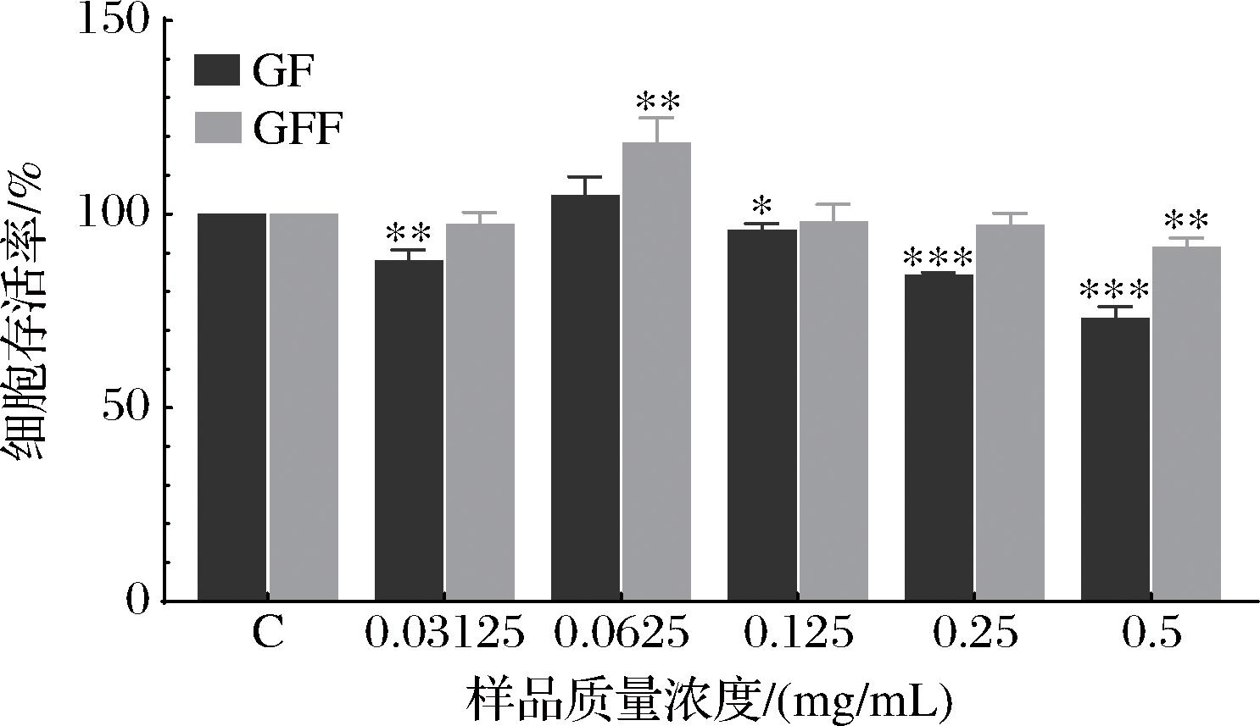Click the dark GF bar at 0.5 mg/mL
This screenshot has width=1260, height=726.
(1115, 458)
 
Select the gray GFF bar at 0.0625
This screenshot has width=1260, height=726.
(656, 371)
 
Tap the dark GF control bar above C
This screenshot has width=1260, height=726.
(231, 407)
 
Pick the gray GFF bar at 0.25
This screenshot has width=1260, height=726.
(1009, 413)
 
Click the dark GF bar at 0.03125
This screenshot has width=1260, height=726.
(409, 430)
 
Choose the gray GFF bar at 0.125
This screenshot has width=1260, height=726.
(833, 411)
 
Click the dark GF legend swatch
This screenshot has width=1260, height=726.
(218, 70)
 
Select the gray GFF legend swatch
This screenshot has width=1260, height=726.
(218, 129)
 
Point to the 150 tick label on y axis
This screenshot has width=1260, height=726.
(114, 19)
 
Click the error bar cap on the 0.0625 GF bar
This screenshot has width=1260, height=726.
(585, 177)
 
